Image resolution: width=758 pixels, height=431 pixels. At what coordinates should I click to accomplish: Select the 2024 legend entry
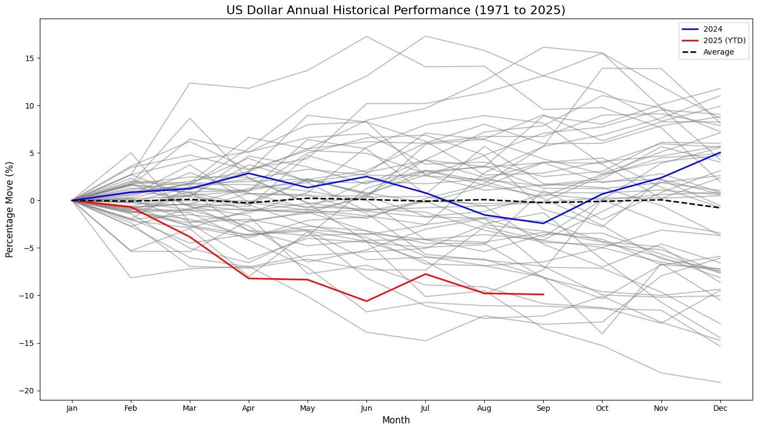pos(714,29)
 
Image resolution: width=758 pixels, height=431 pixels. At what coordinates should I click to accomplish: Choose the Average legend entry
pos(719,52)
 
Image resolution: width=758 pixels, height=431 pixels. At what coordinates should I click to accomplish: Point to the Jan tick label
pos(71,408)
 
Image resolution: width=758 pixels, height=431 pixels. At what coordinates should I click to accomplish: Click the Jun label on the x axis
pos(366,408)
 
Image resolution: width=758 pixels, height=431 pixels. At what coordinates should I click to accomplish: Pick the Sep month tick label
pos(543,408)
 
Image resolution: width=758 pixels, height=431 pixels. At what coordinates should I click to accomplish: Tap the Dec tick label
pos(720,408)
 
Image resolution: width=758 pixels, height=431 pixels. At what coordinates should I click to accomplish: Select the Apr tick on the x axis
pos(249,408)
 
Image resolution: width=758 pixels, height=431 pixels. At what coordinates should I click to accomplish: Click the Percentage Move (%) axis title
pos(9,209)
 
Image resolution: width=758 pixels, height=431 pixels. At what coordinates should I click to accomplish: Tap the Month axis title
pos(395,420)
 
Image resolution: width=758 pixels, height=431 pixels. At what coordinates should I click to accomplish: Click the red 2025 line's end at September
pos(543,295)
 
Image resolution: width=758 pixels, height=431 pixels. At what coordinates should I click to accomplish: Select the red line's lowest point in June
pos(366,301)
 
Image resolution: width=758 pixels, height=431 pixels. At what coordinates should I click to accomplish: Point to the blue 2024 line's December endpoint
pos(720,153)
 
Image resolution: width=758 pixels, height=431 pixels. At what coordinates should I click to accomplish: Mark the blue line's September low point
pos(543,223)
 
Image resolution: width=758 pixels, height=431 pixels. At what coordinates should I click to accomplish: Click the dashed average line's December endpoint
pos(720,208)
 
